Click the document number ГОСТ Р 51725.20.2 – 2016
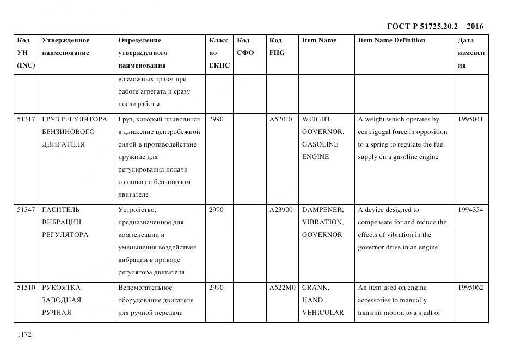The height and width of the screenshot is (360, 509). (x=435, y=26)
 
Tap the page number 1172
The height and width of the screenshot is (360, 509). (x=24, y=334)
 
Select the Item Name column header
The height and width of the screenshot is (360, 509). (x=319, y=41)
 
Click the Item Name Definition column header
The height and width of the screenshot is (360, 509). (x=391, y=41)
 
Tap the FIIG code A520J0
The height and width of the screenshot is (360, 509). (x=281, y=119)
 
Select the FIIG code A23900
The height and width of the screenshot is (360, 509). (x=281, y=210)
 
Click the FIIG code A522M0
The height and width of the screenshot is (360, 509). (x=281, y=288)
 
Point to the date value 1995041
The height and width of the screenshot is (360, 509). (x=470, y=119)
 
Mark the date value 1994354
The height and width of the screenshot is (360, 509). (x=470, y=210)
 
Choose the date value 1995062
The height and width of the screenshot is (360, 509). (x=470, y=288)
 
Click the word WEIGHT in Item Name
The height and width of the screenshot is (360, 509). (x=317, y=119)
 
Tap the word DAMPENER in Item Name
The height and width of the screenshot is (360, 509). (x=323, y=210)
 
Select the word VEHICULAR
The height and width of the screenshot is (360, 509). (x=323, y=313)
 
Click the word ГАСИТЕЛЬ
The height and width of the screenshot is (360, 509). (x=60, y=210)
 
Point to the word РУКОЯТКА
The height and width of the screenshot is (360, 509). (x=61, y=288)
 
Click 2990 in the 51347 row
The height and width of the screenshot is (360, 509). (x=216, y=210)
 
